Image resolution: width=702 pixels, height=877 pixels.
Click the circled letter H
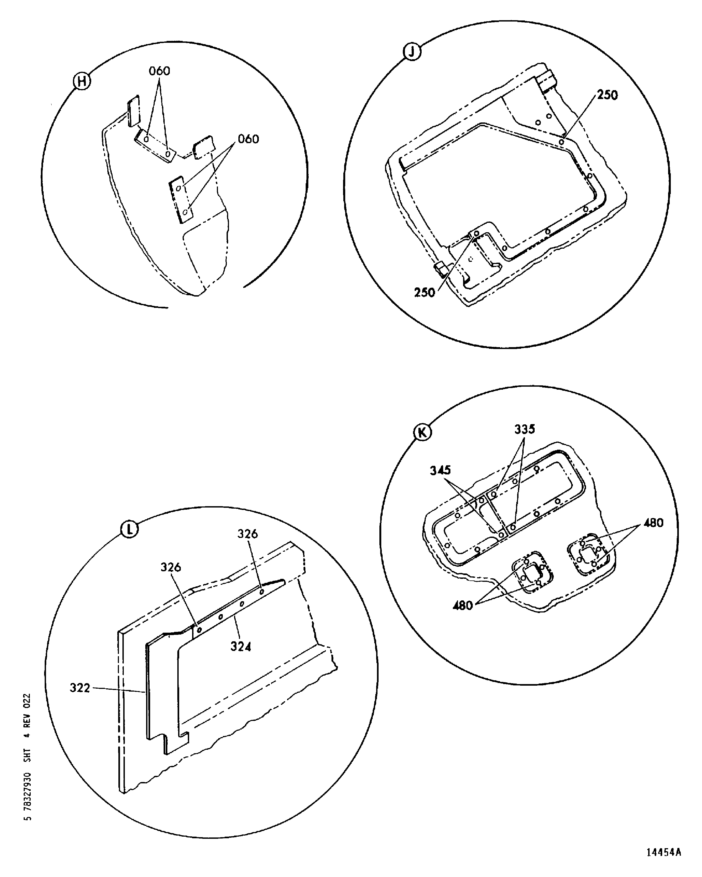click(82, 81)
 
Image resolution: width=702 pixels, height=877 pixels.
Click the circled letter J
click(412, 52)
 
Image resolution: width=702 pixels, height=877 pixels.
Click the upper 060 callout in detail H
click(160, 71)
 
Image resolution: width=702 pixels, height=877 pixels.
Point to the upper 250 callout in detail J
click(607, 95)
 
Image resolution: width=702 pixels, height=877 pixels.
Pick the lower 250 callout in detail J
click(425, 293)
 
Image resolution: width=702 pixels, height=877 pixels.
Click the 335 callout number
click(525, 429)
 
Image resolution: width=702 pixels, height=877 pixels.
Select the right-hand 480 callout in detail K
click(653, 523)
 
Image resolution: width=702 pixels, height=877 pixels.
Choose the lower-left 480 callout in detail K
click(463, 606)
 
